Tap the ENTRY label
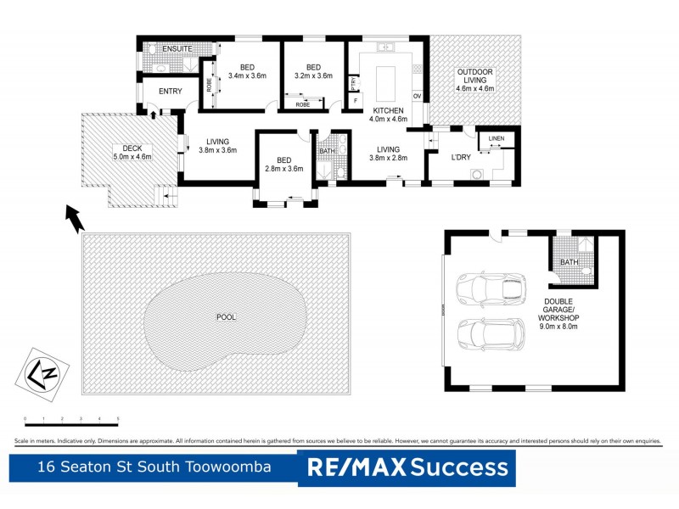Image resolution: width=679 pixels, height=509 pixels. click(170, 92)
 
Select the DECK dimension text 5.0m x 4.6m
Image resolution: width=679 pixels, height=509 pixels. click(132, 156)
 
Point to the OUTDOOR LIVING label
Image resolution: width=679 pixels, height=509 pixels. click(474, 76)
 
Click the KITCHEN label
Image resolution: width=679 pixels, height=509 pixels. click(388, 110)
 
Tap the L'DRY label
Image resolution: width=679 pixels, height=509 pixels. click(461, 157)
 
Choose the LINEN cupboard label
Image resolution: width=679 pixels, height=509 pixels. click(497, 138)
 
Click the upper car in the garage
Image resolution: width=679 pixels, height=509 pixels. click(491, 288)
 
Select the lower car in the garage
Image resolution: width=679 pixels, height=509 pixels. click(491, 333)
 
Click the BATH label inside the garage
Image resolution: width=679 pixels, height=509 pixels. click(569, 262)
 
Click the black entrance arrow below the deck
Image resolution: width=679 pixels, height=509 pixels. click(75, 219)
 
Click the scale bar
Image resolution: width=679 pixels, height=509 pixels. click(71, 422)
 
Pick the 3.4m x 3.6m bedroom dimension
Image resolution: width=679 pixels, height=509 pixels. click(247, 76)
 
